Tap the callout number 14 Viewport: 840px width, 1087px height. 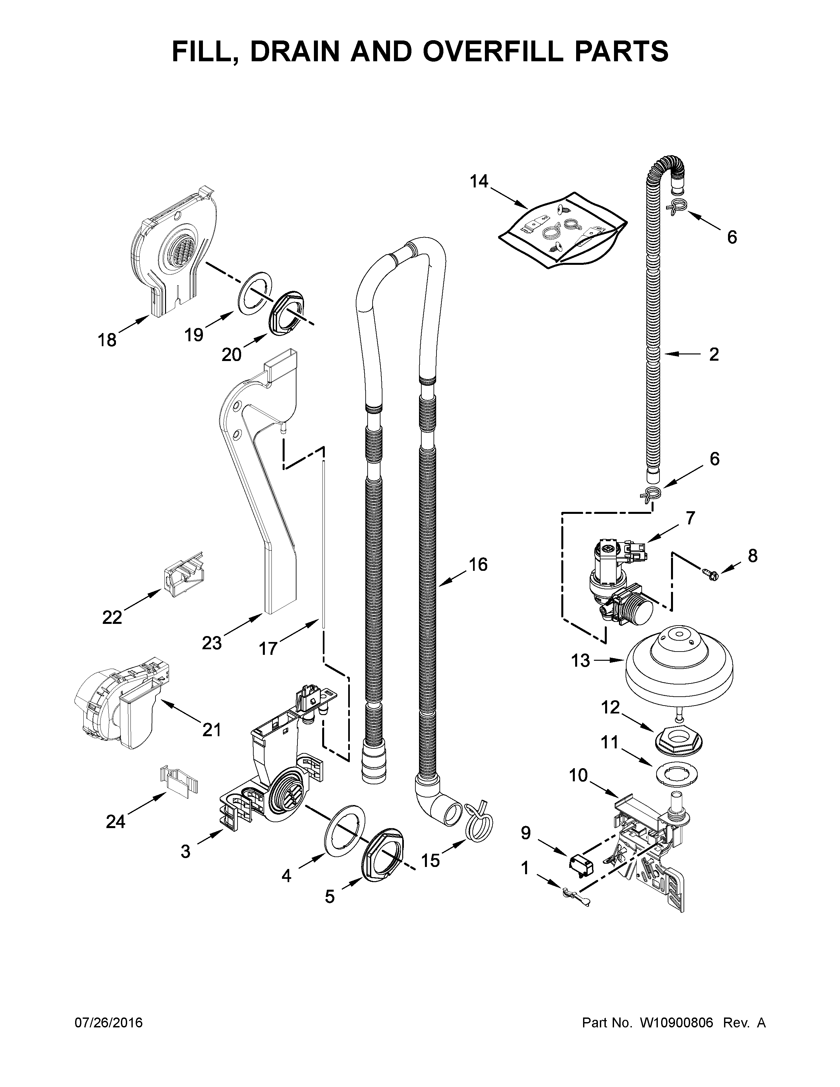click(x=479, y=182)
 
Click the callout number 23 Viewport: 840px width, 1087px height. click(x=211, y=643)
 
